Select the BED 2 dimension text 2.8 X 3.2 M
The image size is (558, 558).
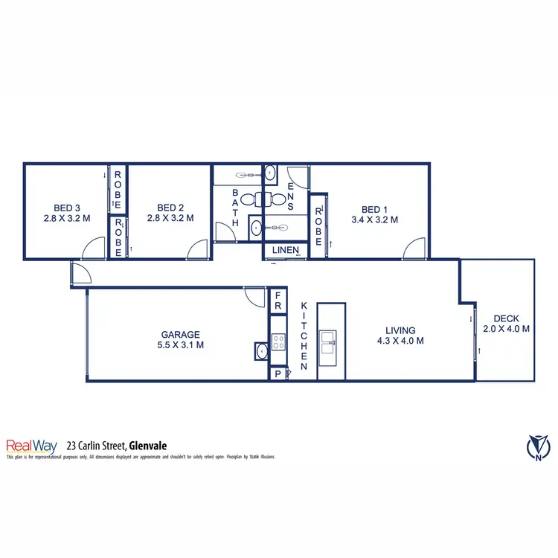point(170,219)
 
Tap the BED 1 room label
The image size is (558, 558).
point(374,209)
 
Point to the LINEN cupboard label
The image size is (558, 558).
point(284,251)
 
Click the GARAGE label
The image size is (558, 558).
point(181,335)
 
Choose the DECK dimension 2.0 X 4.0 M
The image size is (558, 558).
point(506,328)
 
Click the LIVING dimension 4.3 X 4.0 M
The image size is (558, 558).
point(400,341)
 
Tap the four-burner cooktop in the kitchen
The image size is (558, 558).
point(278,342)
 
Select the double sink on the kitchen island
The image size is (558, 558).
point(327,342)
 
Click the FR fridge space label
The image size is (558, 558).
point(278,301)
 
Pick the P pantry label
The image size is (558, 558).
point(278,374)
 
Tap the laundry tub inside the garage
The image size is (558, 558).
point(260,351)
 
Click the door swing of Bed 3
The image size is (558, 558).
point(94,249)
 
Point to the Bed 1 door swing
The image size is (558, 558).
point(414,250)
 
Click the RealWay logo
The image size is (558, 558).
point(33,446)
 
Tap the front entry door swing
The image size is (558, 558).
point(80,274)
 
